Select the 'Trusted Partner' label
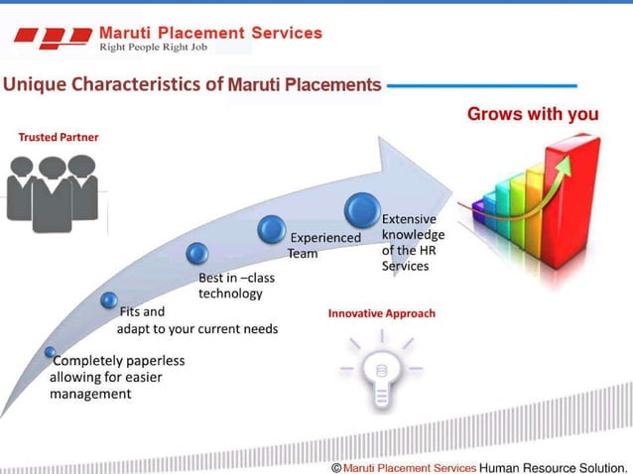(x=59, y=137)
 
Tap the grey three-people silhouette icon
(x=53, y=191)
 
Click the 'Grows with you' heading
(x=533, y=115)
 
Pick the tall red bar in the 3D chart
(x=576, y=202)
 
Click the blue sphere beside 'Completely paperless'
(x=50, y=352)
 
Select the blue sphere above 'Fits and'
(x=109, y=299)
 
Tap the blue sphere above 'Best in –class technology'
(x=197, y=254)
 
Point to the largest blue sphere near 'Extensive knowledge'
(x=362, y=210)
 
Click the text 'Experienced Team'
(x=324, y=245)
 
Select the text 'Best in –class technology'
(x=236, y=286)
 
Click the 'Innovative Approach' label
(x=381, y=313)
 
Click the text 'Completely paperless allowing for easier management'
(x=116, y=377)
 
